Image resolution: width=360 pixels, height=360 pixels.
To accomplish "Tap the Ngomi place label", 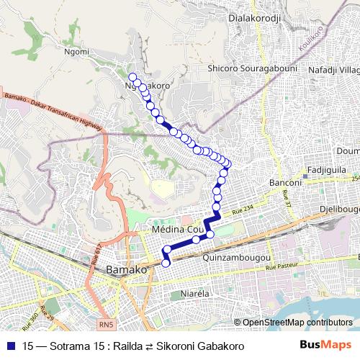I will click(76, 52).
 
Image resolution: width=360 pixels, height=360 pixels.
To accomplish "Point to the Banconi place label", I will click(284, 183).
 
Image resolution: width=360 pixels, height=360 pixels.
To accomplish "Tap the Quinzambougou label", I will click(237, 257).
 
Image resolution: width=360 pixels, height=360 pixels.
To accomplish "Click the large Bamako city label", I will click(126, 269).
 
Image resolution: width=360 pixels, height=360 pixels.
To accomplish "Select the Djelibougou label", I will click(339, 209).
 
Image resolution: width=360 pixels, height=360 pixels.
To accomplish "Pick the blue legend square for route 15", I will click(9, 346).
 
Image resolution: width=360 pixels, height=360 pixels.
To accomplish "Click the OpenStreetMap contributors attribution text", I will click(297, 322).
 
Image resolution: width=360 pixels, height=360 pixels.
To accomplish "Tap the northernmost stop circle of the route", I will click(132, 77).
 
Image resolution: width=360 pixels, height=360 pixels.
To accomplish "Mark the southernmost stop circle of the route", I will click(166, 263).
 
